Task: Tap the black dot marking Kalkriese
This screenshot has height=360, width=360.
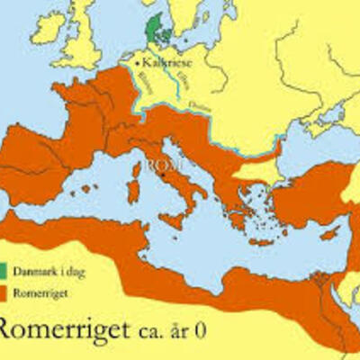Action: coord(139,64)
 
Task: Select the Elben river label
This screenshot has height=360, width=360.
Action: coord(174,83)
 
